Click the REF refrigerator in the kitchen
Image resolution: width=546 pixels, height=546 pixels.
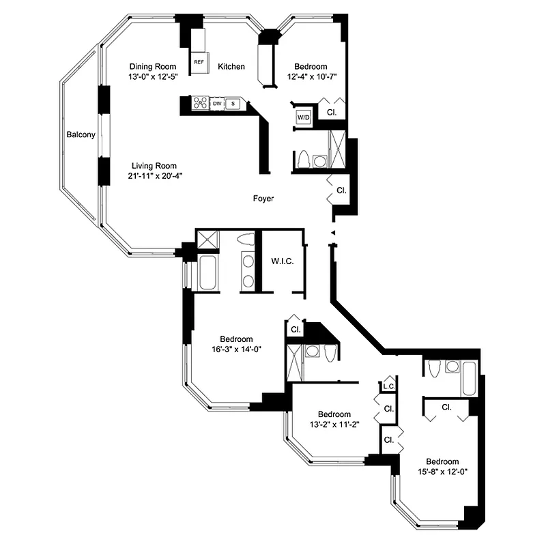pos(199,61)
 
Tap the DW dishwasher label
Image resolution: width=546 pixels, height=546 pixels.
pos(217,103)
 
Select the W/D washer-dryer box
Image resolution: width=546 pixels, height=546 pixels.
pos(303,118)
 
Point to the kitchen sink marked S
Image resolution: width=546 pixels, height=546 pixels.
pos(233,103)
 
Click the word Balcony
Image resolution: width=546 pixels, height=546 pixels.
pos(81,135)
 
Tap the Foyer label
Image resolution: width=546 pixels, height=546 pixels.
pos(263,199)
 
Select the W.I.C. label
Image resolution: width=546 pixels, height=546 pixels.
pos(283,261)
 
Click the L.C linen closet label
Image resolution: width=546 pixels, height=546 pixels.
pos(389,387)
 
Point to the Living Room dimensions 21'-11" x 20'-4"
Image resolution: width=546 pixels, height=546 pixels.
pos(155,176)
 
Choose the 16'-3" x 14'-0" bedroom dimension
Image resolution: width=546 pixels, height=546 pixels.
pos(237,349)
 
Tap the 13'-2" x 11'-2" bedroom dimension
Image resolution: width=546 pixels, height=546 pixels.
pos(334,425)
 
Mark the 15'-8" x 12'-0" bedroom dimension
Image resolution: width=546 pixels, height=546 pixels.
pos(444,471)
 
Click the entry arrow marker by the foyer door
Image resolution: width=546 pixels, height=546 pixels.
pos(332,233)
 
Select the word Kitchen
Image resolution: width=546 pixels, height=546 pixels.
pos(231,66)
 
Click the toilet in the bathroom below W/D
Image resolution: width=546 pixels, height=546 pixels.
pos(302,159)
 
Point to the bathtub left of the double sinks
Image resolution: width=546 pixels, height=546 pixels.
pos(206,272)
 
